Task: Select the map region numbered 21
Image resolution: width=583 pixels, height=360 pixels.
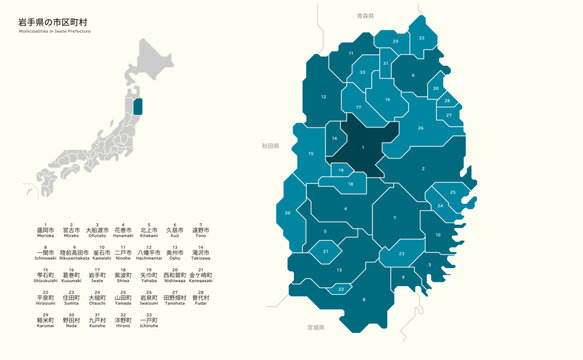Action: point(326,252)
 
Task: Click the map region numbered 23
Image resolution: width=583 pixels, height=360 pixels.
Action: point(400,255)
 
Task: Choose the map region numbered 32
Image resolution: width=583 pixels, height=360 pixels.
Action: point(422,37)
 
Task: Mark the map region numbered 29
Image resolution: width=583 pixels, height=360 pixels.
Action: point(394,41)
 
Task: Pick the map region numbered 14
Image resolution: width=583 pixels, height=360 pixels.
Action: point(334,137)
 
